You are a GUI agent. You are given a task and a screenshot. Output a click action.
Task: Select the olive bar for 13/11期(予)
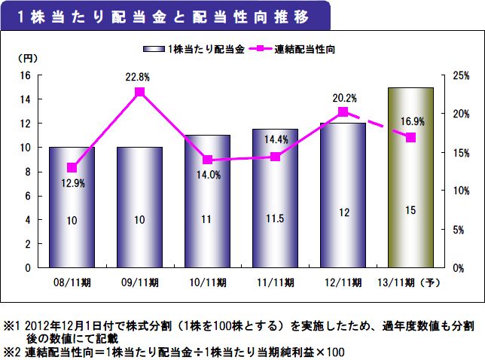pos(410,177)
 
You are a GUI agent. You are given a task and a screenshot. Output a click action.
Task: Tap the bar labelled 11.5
pos(275,198)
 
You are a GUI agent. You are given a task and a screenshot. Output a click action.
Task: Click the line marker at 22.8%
pos(139,92)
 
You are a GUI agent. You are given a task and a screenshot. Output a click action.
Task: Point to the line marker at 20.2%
pos(343,111)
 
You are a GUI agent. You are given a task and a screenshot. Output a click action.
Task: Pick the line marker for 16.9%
pos(410,137)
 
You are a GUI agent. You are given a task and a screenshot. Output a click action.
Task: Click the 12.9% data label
pos(72,182)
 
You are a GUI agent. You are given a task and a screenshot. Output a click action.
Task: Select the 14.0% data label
pos(208,175)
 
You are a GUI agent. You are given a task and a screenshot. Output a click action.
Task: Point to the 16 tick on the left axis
pos(24,75)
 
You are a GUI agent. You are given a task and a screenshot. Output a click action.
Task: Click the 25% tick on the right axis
pos(461,75)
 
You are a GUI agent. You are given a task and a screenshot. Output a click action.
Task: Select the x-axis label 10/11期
pos(208,283)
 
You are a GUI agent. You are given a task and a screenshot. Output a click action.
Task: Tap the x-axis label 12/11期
pos(343,283)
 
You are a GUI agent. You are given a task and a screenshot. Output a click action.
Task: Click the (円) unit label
pos(27,58)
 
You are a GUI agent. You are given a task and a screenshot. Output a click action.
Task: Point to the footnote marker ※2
pos(13,352)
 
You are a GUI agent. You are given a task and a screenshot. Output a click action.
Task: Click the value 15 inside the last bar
pos(410,212)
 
